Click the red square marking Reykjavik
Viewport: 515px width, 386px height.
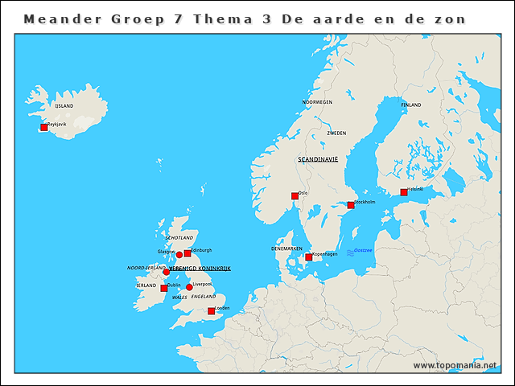point(44,127)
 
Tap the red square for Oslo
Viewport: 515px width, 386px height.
point(295,196)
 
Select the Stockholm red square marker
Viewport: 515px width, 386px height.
point(350,205)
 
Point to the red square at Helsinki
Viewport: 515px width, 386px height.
point(404,192)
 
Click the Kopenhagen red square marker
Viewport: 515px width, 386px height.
point(308,257)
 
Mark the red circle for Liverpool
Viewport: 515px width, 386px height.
point(189,287)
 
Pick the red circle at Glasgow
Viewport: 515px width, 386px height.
point(179,254)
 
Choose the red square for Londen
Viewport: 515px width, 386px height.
point(211,311)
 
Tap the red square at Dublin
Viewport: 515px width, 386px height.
point(163,288)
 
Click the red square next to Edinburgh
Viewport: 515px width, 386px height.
point(187,253)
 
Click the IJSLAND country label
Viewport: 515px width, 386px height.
point(64,106)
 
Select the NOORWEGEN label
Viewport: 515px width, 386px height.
point(317,103)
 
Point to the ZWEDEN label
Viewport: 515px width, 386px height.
point(336,133)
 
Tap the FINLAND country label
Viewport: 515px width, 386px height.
point(410,105)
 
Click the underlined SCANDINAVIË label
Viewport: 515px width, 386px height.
point(318,160)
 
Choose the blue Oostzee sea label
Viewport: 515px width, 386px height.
point(363,251)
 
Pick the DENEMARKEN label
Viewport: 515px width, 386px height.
point(286,248)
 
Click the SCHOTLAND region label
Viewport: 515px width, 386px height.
point(179,239)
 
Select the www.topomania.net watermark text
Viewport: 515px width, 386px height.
point(455,365)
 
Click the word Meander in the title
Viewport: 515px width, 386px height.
point(56,18)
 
